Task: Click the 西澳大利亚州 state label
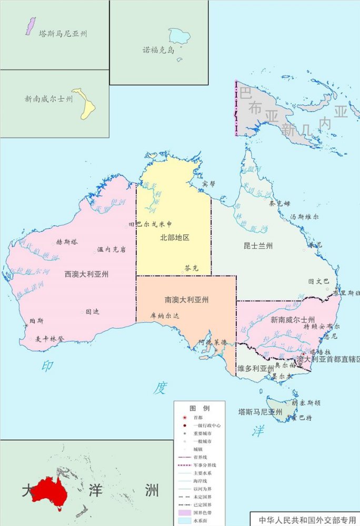[x=86, y=274]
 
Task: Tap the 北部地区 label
[x=175, y=238]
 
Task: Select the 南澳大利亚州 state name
[x=186, y=300]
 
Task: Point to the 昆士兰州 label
[x=258, y=246]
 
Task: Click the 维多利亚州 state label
[x=255, y=368]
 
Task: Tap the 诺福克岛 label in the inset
[x=158, y=50]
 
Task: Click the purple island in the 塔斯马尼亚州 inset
[x=31, y=26]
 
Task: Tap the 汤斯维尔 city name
[x=304, y=217]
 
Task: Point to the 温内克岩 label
[x=112, y=250]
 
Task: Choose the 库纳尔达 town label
[x=165, y=316]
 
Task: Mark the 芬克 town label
[x=192, y=268]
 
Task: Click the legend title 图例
[x=199, y=408]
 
